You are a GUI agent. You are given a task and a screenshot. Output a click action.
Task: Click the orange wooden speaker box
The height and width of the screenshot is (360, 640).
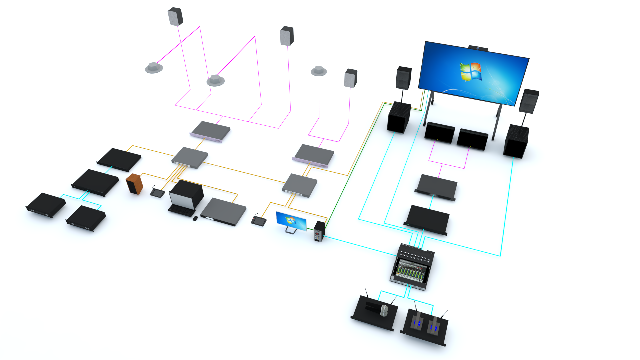pos(134,184)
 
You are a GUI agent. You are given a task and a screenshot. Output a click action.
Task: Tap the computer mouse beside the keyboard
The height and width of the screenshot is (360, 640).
pos(195,218)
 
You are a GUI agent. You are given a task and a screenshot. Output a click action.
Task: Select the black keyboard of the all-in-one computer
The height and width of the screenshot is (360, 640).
pos(181,211)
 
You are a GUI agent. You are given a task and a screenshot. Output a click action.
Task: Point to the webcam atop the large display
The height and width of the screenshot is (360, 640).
pos(478,48)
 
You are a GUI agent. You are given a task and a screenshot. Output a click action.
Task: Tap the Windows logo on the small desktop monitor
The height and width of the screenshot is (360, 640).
pos(290,220)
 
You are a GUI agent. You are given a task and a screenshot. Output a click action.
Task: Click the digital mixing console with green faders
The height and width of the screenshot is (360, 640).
pos(412,267)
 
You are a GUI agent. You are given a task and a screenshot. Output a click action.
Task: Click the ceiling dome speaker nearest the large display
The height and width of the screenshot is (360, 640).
pos(319,71)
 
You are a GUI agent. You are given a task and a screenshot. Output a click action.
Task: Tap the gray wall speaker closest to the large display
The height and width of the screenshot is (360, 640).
pos(351,78)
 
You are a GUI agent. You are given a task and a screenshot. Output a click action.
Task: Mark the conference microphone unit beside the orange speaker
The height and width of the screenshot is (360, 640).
pos(157,192)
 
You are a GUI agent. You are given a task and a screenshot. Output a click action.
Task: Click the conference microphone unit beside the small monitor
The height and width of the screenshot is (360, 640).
pos(259,221)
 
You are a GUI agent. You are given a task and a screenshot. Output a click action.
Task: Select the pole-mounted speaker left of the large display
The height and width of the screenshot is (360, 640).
pos(404,78)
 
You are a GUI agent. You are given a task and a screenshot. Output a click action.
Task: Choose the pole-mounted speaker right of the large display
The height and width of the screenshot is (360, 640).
pos(529,101)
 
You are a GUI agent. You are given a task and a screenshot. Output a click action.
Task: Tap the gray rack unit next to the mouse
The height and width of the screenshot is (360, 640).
pos(223,212)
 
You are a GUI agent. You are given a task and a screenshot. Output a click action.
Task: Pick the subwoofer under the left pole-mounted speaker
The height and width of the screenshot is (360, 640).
pos(399,117)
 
